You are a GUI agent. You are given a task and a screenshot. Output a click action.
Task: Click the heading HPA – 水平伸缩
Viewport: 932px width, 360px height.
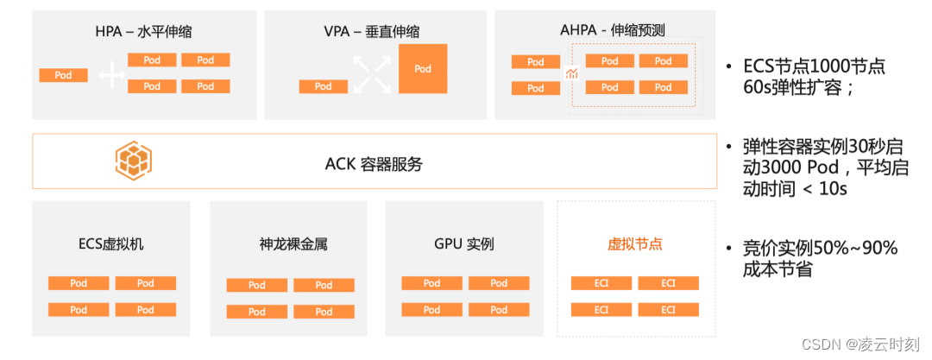point(143,32)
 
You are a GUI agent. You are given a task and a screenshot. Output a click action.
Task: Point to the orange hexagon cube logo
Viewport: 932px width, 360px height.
point(134,161)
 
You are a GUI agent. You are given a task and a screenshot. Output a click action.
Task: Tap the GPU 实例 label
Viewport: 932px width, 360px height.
point(464,243)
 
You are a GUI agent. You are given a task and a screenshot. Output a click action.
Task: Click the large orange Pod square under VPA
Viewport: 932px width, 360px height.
point(423,68)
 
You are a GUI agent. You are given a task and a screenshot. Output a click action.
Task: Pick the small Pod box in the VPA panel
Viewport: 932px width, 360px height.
point(324,86)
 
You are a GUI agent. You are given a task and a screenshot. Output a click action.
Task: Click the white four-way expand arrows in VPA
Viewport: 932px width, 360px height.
point(372,73)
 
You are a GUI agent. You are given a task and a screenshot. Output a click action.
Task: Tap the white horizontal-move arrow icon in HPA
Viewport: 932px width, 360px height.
point(111,76)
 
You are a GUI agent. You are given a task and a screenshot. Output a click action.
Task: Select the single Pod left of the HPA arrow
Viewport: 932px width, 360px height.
point(63,75)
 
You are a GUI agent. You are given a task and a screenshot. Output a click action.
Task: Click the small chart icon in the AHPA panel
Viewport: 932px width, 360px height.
point(570,75)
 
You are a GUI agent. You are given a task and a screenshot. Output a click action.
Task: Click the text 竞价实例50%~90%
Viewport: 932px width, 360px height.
point(820,249)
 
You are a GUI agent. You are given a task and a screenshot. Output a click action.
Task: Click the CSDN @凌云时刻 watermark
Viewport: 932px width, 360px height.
point(860,344)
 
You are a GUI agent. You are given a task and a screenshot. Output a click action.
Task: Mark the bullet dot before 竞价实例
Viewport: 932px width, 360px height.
point(730,249)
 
